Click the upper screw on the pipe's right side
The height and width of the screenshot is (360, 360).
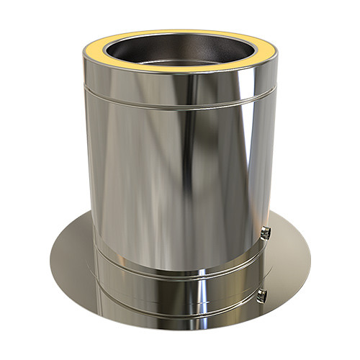click(267, 232)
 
